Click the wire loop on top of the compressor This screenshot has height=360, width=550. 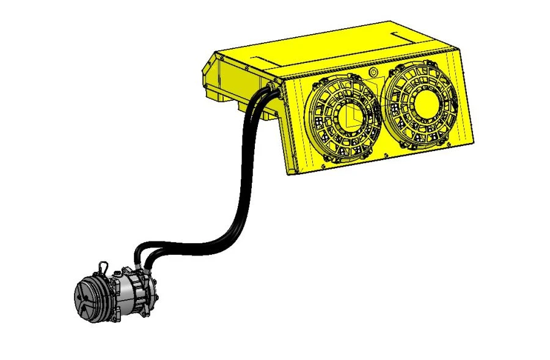(105, 267)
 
